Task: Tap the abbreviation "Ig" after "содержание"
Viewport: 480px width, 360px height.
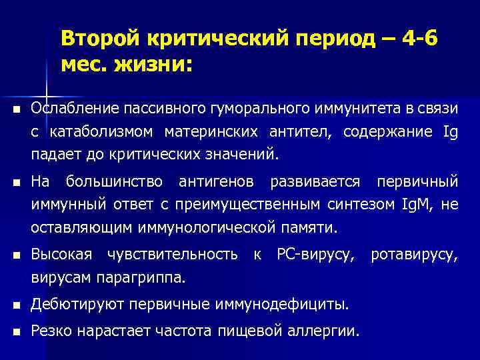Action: click(x=450, y=132)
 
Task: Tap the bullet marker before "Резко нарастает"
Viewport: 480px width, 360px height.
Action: click(x=15, y=330)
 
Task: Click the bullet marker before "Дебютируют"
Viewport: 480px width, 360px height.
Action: click(x=15, y=305)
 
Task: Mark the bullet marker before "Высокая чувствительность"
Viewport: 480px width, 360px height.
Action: click(x=15, y=255)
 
